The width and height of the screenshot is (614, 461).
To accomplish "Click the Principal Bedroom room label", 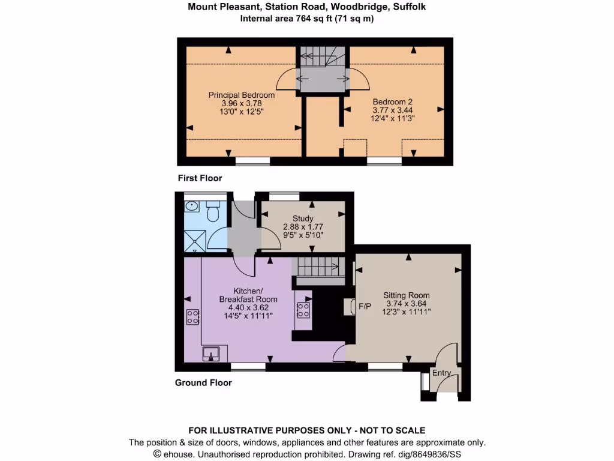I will (242, 95).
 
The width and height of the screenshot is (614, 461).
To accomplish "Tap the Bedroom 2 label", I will (392, 101).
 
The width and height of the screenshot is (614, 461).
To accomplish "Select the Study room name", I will (303, 218).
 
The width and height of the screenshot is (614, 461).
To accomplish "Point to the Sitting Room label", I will (407, 295).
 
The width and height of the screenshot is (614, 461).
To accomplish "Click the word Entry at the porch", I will (441, 373).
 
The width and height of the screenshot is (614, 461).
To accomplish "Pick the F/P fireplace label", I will (365, 307).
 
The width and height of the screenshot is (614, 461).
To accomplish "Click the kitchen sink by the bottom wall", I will (211, 354).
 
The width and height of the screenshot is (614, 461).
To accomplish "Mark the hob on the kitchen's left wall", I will (192, 316).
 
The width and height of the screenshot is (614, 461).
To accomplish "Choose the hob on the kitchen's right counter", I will (303, 310).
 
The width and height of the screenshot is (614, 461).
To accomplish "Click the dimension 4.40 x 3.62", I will (248, 307).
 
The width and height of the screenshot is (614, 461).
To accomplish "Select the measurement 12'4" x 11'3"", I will (393, 118).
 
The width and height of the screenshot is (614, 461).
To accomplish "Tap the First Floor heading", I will (200, 178).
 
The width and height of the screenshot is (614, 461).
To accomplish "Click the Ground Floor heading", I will (203, 382).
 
